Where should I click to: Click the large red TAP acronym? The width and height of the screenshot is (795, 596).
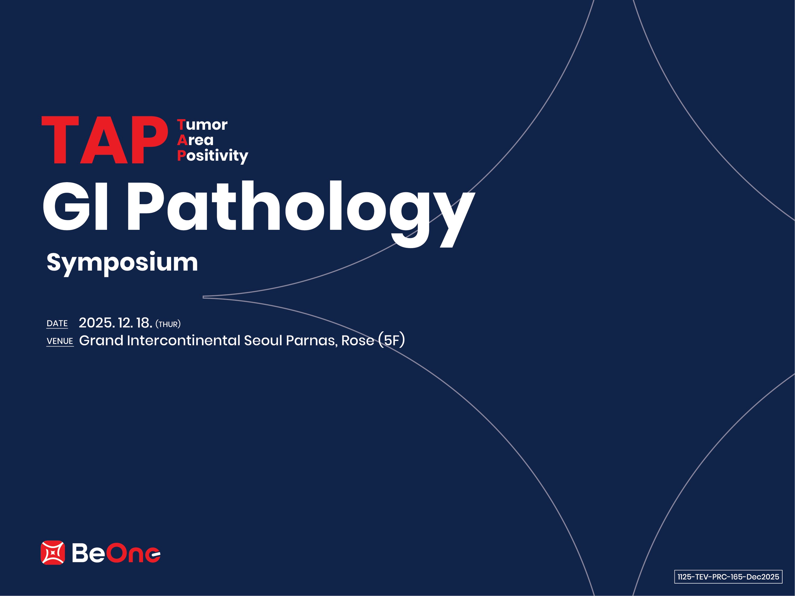(105, 140)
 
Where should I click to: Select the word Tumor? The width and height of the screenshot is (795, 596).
(202, 125)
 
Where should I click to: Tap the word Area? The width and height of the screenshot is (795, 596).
(196, 140)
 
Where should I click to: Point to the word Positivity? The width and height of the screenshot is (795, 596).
(212, 156)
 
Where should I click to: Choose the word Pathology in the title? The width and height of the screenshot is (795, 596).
(301, 214)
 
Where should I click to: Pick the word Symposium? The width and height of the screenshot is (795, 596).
(122, 263)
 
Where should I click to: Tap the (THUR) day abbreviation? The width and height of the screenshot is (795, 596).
(168, 324)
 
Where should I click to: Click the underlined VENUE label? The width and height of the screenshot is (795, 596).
(60, 341)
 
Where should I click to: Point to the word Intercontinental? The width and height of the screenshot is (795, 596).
(184, 340)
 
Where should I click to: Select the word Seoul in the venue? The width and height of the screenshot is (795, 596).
(263, 340)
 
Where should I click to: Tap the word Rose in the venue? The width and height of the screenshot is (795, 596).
(358, 340)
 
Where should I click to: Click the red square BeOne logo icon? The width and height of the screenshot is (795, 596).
(53, 553)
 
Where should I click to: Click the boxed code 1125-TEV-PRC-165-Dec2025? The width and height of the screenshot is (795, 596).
(728, 577)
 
